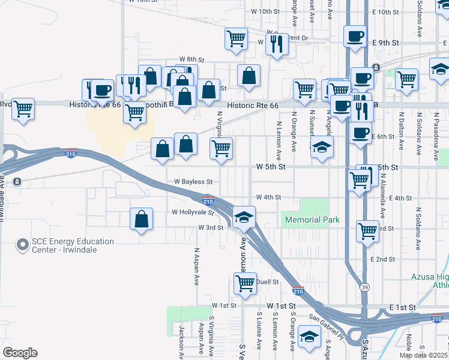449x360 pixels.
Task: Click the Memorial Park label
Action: [312, 220]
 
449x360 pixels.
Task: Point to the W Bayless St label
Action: [193, 181]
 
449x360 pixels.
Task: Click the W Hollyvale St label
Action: [193, 212]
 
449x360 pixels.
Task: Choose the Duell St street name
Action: [268, 281]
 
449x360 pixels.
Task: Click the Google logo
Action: [20, 353]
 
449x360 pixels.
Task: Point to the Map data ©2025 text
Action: [424, 355]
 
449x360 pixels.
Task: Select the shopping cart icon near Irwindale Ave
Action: [23, 109]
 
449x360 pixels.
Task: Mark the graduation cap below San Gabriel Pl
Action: [309, 337]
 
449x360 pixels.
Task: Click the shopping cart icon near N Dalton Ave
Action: [406, 79]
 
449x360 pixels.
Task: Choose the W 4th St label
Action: [268, 197]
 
